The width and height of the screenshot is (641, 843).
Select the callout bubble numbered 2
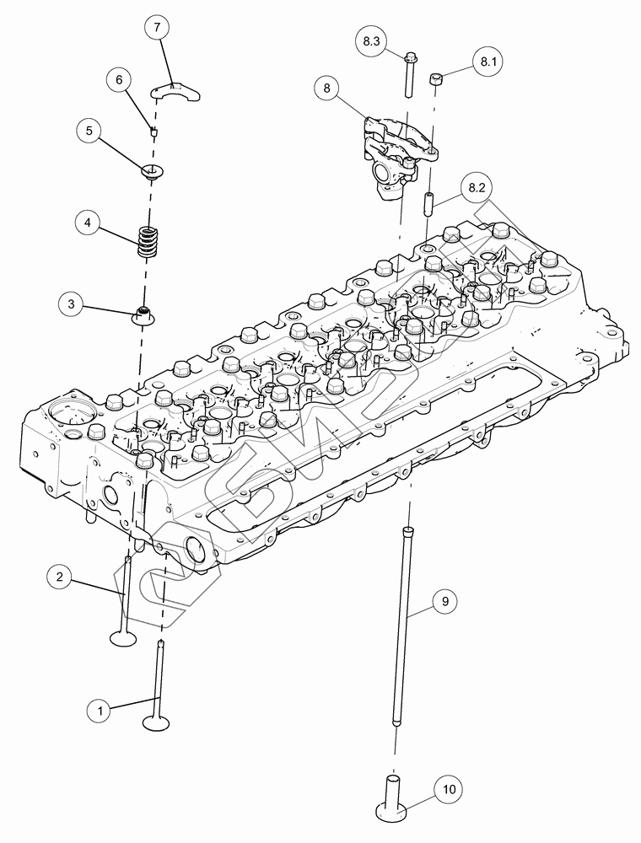click(59, 577)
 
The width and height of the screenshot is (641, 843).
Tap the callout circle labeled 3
click(72, 303)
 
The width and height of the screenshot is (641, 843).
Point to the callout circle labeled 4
click(88, 223)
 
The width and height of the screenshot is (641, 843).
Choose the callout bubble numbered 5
click(89, 131)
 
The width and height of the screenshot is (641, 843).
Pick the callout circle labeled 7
click(156, 27)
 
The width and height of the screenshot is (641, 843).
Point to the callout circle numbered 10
click(449, 790)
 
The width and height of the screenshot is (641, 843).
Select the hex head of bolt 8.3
click(409, 57)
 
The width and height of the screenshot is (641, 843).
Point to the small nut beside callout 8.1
click(437, 78)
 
